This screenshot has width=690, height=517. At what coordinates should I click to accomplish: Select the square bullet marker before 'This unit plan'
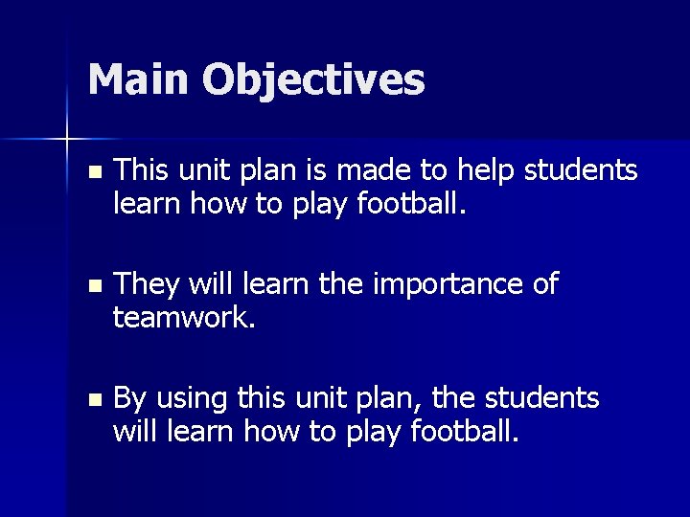tap(92, 173)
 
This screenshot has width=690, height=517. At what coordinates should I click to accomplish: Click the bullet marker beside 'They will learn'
tap(92, 286)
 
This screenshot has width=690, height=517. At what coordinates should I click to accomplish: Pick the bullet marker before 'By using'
tap(92, 399)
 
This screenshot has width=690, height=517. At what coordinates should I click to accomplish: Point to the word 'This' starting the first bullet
tap(140, 170)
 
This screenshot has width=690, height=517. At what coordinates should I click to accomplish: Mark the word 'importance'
tap(440, 284)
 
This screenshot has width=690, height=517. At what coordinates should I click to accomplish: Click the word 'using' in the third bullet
tap(188, 398)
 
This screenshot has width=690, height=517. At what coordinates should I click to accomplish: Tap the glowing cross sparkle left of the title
tap(67, 140)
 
